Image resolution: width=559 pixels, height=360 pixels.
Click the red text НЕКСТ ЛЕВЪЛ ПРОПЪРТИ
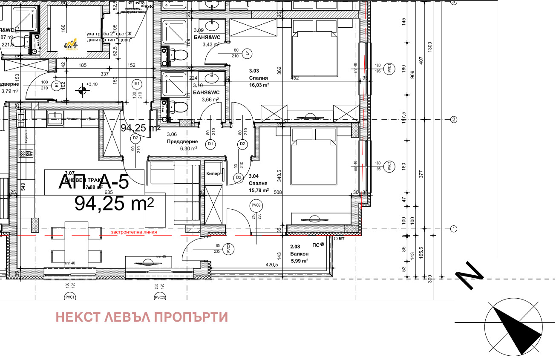(141, 317)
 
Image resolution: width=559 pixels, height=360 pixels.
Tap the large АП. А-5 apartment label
(93, 182)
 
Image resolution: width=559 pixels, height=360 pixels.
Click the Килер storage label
(213, 173)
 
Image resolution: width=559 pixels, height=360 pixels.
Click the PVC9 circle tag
(256, 205)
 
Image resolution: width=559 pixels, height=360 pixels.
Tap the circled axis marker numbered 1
(454, 229)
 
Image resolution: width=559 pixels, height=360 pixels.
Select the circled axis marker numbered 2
(454, 120)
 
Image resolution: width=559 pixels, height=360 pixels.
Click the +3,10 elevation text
(92, 84)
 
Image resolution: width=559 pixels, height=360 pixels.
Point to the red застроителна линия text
(134, 233)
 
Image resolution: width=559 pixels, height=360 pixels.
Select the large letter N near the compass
(470, 276)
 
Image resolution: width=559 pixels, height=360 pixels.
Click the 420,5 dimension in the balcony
(272, 264)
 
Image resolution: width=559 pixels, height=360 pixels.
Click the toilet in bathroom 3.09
(180, 55)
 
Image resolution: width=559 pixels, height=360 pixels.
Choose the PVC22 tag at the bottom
(160, 297)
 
